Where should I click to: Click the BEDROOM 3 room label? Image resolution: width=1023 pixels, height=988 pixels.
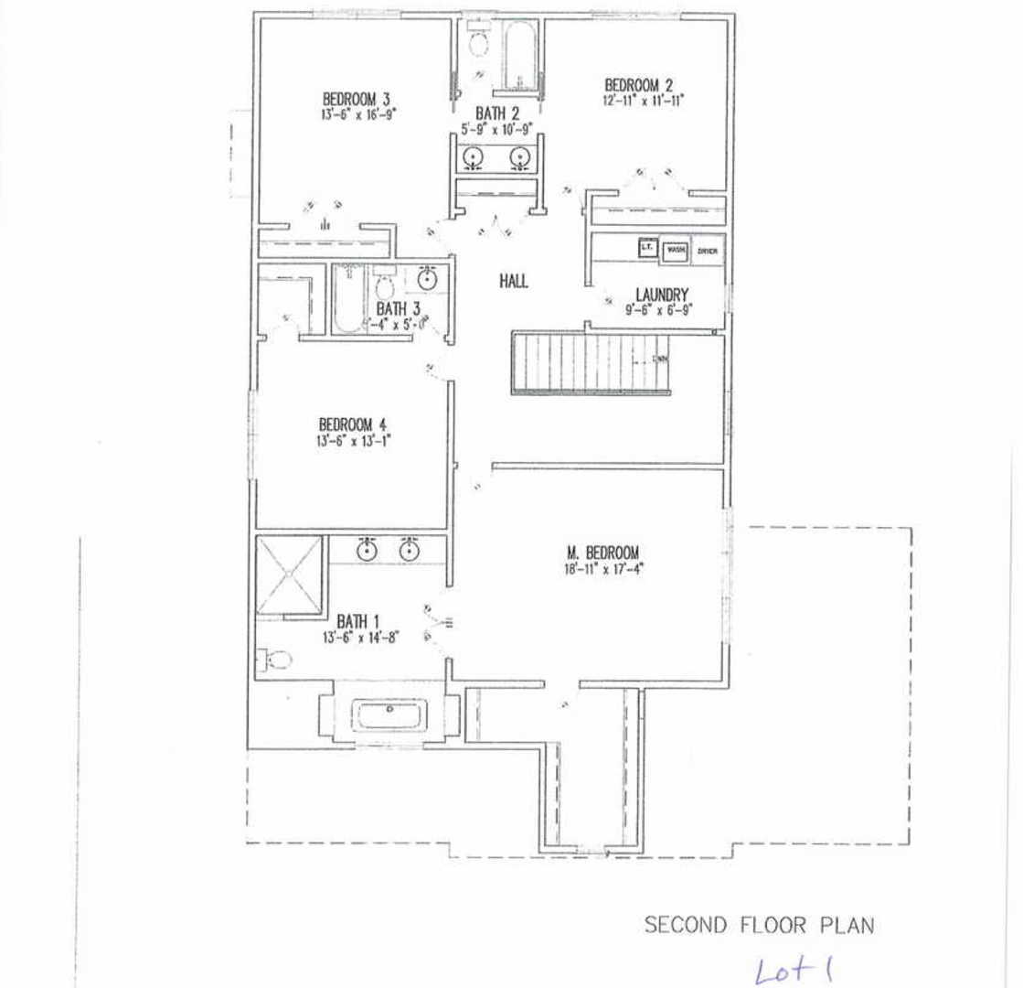point(358,99)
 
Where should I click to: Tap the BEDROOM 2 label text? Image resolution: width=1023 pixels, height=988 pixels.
point(639,85)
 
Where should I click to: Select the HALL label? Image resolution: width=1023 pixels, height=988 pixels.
point(513,282)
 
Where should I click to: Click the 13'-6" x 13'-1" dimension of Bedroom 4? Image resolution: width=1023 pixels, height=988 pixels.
point(353,440)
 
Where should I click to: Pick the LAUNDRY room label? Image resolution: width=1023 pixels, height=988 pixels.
point(661,295)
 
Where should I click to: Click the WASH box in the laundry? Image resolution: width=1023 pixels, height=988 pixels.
point(677,250)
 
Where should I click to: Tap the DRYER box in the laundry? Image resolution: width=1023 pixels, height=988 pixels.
point(708,251)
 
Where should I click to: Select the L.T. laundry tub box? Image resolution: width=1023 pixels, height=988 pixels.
point(646,247)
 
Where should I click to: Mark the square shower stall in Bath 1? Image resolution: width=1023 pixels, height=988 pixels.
point(290,574)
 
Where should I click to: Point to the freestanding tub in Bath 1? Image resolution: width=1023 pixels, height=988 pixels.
point(389,714)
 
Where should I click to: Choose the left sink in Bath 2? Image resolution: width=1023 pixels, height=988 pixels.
point(473,158)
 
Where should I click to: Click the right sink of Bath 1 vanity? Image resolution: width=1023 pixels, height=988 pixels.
point(408,551)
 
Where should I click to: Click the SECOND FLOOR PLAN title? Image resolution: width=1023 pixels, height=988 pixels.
point(759,925)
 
